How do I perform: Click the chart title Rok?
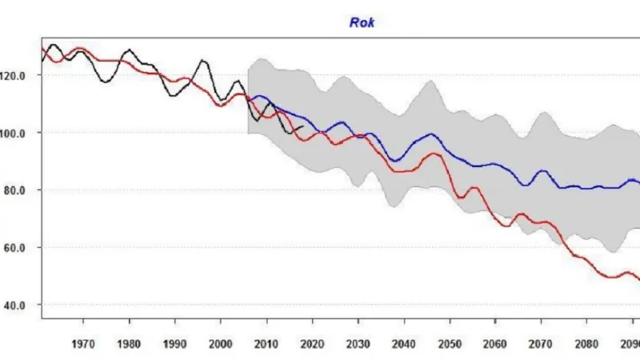[362, 22]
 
